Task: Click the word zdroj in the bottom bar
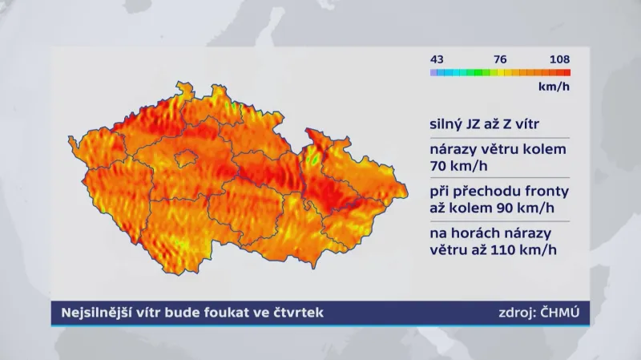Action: click(x=510, y=312)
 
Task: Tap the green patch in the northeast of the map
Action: click(x=314, y=160)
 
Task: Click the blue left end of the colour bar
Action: click(x=433, y=72)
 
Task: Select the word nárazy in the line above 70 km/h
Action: click(x=451, y=149)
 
